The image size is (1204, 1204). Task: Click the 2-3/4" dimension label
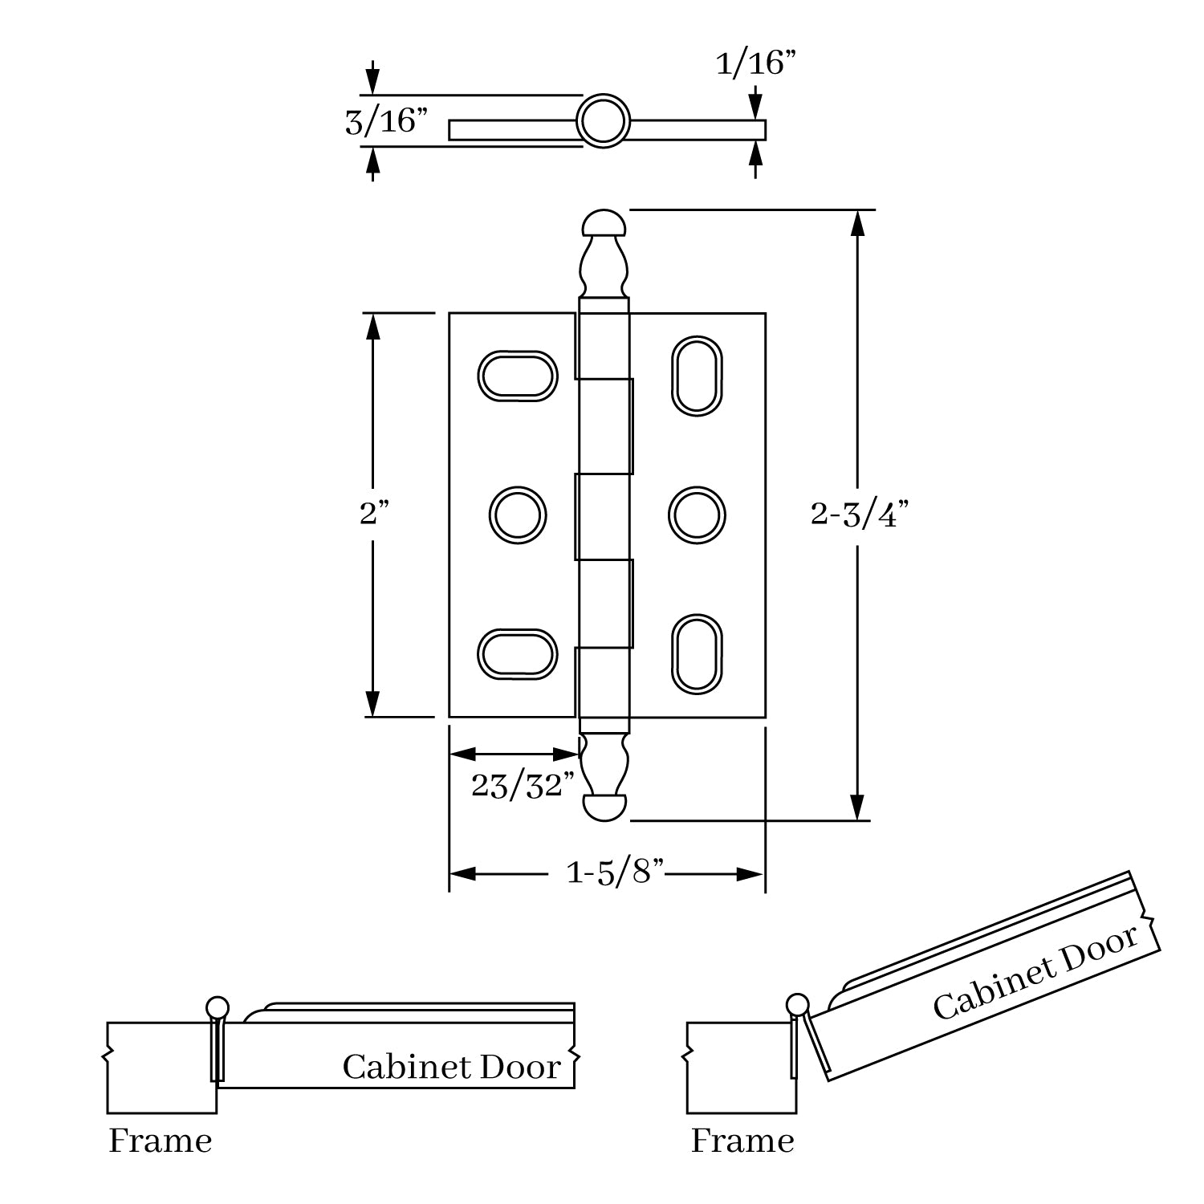point(859,515)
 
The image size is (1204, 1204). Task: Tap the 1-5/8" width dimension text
point(616,872)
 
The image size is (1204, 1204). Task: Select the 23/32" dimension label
point(523,786)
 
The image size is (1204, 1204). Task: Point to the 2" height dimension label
point(374,514)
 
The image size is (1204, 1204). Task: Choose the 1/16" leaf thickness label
point(757,63)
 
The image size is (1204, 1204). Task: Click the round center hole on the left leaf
point(518,515)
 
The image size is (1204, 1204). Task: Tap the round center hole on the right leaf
point(697,515)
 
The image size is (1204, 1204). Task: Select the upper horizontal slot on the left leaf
point(518,376)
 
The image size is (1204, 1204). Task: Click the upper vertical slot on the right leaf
point(697,376)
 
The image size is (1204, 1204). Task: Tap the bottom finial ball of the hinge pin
point(603,807)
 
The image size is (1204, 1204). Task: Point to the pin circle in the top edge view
point(603,122)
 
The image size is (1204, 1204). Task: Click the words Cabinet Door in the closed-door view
point(451,1068)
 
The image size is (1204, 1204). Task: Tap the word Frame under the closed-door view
point(161,1141)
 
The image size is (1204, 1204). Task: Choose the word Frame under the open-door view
point(742,1141)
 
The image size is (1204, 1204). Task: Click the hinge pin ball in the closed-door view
point(218,1007)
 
